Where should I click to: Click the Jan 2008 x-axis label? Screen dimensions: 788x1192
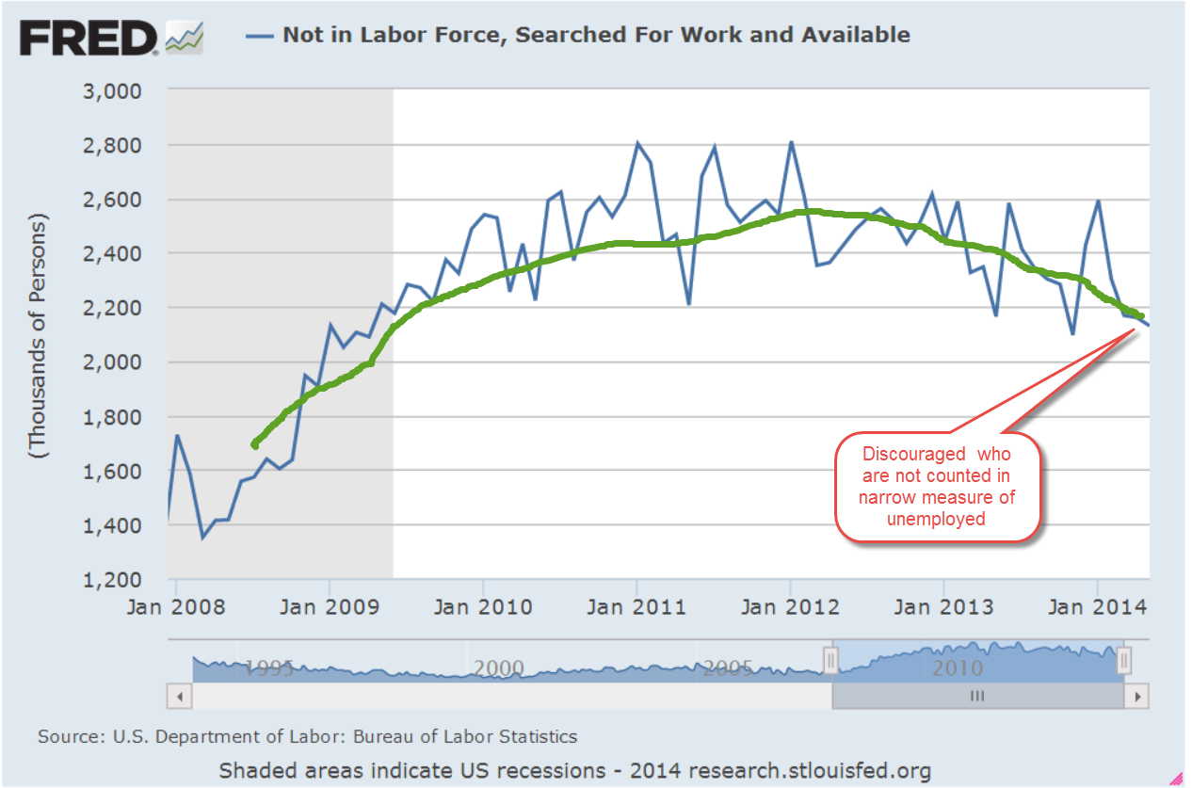[x=177, y=607]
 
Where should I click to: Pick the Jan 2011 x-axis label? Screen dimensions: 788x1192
[x=636, y=607]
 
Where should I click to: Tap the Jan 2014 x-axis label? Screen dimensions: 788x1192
[x=1096, y=607]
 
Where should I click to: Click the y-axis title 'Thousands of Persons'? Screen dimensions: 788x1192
[x=38, y=335]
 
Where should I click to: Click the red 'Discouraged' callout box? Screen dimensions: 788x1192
[x=938, y=488]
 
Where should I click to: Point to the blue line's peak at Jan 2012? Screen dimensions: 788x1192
[x=791, y=142]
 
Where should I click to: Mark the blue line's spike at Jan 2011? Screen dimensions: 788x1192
[x=637, y=143]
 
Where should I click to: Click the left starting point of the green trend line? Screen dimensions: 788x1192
[x=254, y=444]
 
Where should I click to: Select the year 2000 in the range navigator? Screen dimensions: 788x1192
[x=499, y=668]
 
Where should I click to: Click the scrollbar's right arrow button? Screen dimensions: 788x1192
[x=1138, y=697]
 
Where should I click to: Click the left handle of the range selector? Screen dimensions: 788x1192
[x=830, y=662]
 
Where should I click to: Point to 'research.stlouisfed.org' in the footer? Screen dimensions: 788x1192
[x=810, y=771]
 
